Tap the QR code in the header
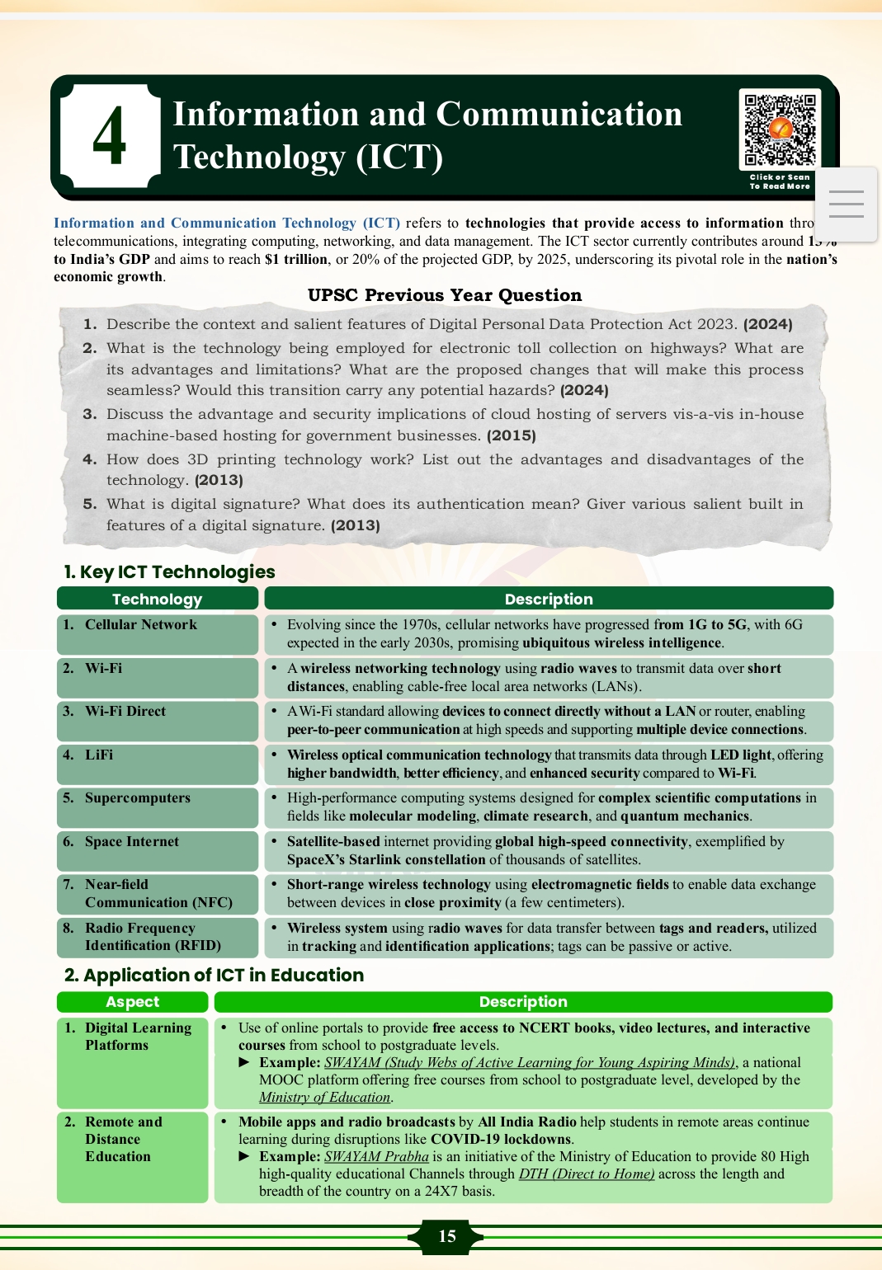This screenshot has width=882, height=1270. pyautogui.click(x=780, y=130)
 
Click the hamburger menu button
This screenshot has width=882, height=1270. pyautogui.click(x=846, y=204)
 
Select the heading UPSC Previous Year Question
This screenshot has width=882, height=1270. pyautogui.click(x=444, y=295)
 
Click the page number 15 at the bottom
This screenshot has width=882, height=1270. pyautogui.click(x=446, y=1235)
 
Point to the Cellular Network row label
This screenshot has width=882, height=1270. pyautogui.click(x=141, y=625)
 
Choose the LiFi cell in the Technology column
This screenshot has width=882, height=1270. pyautogui.click(x=99, y=755)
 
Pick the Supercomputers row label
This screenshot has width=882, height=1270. pyautogui.click(x=138, y=798)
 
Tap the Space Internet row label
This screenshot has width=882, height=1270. pyautogui.click(x=132, y=841)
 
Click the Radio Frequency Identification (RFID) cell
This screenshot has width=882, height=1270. pyautogui.click(x=153, y=937)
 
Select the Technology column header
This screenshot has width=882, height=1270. pyautogui.click(x=157, y=599)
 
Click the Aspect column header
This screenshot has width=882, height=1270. pyautogui.click(x=132, y=1002)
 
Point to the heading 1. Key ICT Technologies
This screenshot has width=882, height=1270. pyautogui.click(x=169, y=571)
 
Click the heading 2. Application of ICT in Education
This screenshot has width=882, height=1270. pyautogui.click(x=214, y=975)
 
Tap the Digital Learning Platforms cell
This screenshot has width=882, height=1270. pyautogui.click(x=138, y=1037)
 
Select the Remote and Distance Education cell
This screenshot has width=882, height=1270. pyautogui.click(x=124, y=1139)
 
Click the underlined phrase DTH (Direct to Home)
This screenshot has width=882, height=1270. pyautogui.click(x=587, y=1174)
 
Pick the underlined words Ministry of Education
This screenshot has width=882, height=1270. pyautogui.click(x=324, y=1098)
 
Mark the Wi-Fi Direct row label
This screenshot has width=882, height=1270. pyautogui.click(x=125, y=712)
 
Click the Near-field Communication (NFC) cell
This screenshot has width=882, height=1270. pyautogui.click(x=158, y=893)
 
